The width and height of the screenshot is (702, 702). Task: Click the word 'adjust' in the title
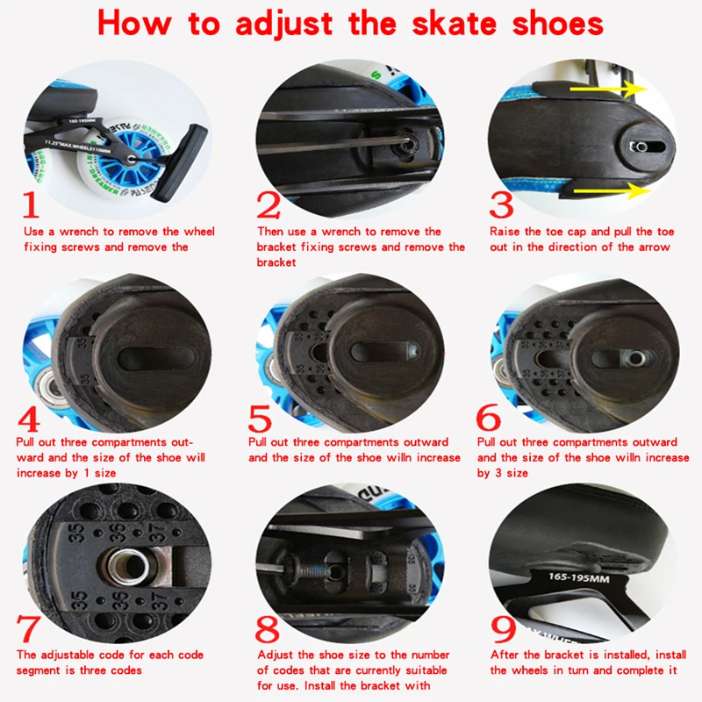pos(283,25)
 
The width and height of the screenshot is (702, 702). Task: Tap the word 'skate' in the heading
pos(454,24)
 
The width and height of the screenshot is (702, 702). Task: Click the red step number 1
pos(31,204)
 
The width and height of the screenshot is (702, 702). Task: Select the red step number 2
pos(269,205)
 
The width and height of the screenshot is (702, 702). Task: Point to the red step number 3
pos(501,205)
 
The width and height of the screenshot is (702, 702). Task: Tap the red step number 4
pos(29,418)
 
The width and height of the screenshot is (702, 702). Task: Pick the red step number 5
pos(260,419)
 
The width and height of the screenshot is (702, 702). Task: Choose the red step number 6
pos(489,418)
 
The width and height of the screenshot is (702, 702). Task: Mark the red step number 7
pos(28,628)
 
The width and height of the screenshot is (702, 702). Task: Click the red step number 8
pos(268,629)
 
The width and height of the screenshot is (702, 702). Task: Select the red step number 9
pos(503,629)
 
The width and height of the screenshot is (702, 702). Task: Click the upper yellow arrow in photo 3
pos(609,90)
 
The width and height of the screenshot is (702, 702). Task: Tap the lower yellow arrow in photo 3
pos(612,191)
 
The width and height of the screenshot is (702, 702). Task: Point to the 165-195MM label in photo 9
pos(579,577)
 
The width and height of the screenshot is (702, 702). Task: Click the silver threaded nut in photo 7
pos(129,565)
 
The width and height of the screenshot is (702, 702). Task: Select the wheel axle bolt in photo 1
pos(131,159)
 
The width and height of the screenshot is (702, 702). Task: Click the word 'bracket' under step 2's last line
pos(276,262)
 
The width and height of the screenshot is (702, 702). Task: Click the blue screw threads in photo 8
pos(310,570)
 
